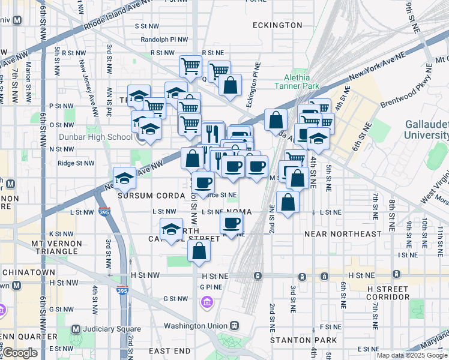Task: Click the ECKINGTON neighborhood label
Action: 277,25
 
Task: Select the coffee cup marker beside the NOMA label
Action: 231,224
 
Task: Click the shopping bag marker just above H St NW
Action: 199,251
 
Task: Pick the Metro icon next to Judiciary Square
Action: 76,329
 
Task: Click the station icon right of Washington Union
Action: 234,325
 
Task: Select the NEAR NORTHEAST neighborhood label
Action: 343,233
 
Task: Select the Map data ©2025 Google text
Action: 412,355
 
